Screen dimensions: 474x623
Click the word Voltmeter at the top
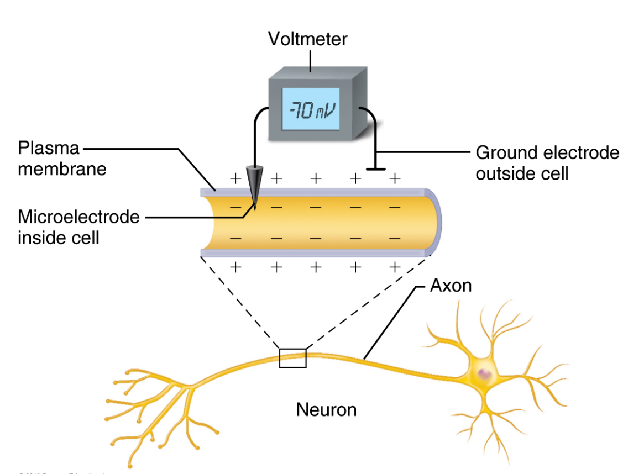[308, 39]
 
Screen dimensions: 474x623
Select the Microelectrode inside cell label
[78, 227]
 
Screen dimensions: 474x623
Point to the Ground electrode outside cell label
[547, 162]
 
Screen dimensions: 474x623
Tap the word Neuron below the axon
[326, 409]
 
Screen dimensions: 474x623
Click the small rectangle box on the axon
[292, 358]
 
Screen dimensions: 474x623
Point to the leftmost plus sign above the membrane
[235, 178]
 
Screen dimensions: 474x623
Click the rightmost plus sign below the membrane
[394, 267]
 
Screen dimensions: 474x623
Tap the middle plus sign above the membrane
[316, 178]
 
